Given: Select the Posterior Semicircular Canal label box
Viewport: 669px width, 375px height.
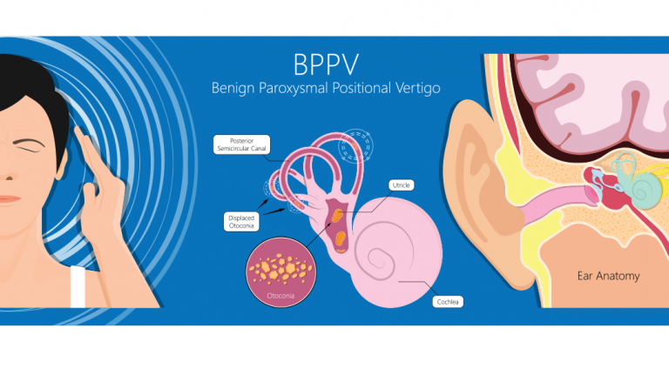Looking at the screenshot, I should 241,144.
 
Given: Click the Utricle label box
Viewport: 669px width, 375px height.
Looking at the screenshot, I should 402,185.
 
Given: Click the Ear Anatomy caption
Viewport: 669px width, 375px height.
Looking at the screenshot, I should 609,276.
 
